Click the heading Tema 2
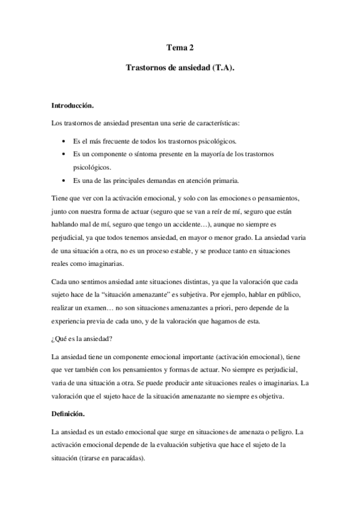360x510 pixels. tap(180, 46)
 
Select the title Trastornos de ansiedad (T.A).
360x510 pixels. tap(180, 69)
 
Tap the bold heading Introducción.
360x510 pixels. tap(73, 106)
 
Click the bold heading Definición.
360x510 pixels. tap(68, 414)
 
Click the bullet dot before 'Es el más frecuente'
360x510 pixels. tap(64, 142)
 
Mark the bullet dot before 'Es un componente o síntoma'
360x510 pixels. tap(64, 155)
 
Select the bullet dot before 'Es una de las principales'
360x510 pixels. tap(64, 180)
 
